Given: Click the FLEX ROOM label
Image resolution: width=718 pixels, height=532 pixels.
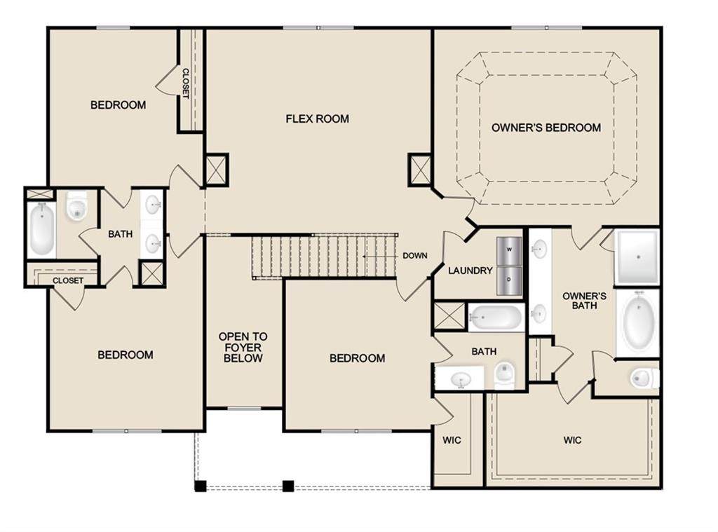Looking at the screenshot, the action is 318,119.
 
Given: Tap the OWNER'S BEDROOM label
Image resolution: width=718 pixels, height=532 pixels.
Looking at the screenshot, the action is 546,128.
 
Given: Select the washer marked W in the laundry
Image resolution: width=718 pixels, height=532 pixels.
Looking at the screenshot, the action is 509,251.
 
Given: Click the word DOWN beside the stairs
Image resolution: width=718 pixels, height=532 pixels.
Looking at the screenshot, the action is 415,255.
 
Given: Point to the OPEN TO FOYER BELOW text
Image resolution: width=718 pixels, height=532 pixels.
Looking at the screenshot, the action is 243,347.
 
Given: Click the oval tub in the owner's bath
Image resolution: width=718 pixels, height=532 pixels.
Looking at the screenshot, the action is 637,322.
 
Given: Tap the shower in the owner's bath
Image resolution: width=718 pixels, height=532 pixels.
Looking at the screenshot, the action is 637,257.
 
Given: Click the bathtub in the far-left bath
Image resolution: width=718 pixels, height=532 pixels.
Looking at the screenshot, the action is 41,229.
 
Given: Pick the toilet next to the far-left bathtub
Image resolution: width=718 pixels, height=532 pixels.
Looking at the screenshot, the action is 76,207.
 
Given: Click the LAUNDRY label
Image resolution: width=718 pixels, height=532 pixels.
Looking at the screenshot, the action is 470,271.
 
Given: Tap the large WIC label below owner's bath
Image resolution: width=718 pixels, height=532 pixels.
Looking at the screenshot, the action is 572,440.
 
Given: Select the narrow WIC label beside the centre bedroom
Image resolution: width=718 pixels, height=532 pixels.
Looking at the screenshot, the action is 452,440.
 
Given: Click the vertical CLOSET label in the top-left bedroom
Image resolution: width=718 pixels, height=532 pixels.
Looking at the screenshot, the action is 185,83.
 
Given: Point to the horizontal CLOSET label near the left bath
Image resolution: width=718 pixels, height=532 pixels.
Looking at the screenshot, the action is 68,280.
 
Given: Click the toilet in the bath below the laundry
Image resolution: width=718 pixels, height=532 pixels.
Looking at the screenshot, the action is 504,374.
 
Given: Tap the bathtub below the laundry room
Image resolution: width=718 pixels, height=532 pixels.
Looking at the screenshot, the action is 496,317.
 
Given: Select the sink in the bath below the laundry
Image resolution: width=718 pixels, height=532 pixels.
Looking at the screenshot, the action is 460,380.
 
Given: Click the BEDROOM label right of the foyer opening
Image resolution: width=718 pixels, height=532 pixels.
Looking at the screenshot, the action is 357,358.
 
